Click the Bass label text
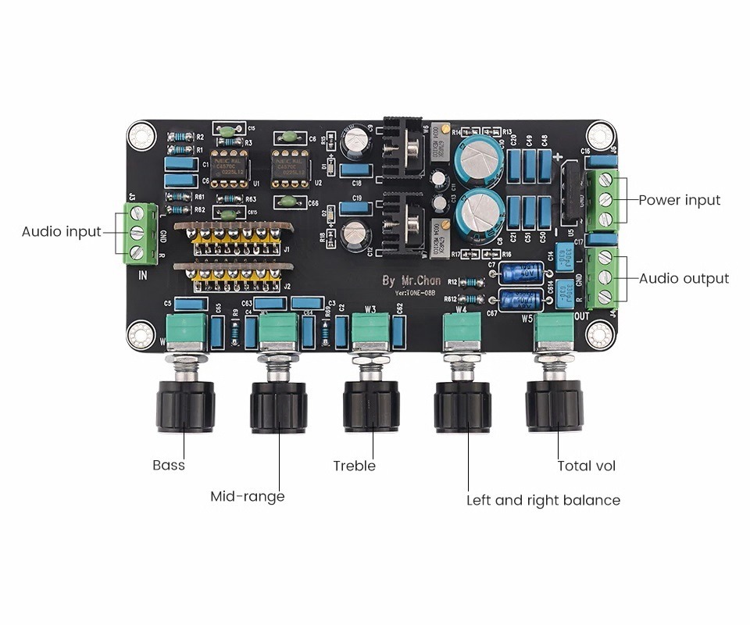(x=169, y=466)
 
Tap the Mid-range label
(x=248, y=496)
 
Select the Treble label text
(x=354, y=466)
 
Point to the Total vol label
(x=586, y=466)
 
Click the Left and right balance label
(x=543, y=500)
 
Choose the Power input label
(x=679, y=200)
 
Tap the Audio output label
(x=684, y=278)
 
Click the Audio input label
(x=61, y=231)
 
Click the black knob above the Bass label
(x=185, y=405)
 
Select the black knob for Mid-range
(x=278, y=405)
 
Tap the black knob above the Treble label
(x=371, y=405)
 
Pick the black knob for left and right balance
(x=462, y=405)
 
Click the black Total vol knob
(x=555, y=405)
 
